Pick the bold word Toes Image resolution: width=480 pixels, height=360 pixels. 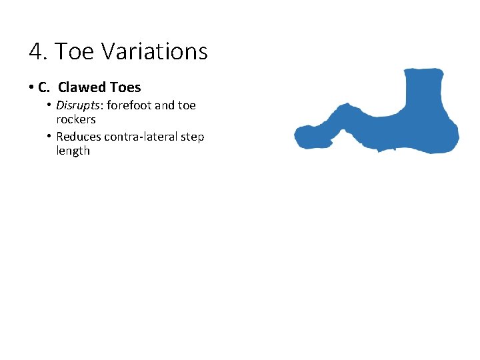point(125,87)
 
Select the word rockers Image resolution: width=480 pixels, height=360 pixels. point(76,120)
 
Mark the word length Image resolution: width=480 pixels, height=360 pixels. point(73,151)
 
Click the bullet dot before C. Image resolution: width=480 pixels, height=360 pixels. point(31,88)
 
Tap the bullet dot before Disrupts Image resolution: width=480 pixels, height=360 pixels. point(49,106)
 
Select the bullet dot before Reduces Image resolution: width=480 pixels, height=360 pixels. point(49,137)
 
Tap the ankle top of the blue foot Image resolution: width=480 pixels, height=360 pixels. point(425,72)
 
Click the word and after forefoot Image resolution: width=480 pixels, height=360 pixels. point(164,105)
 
